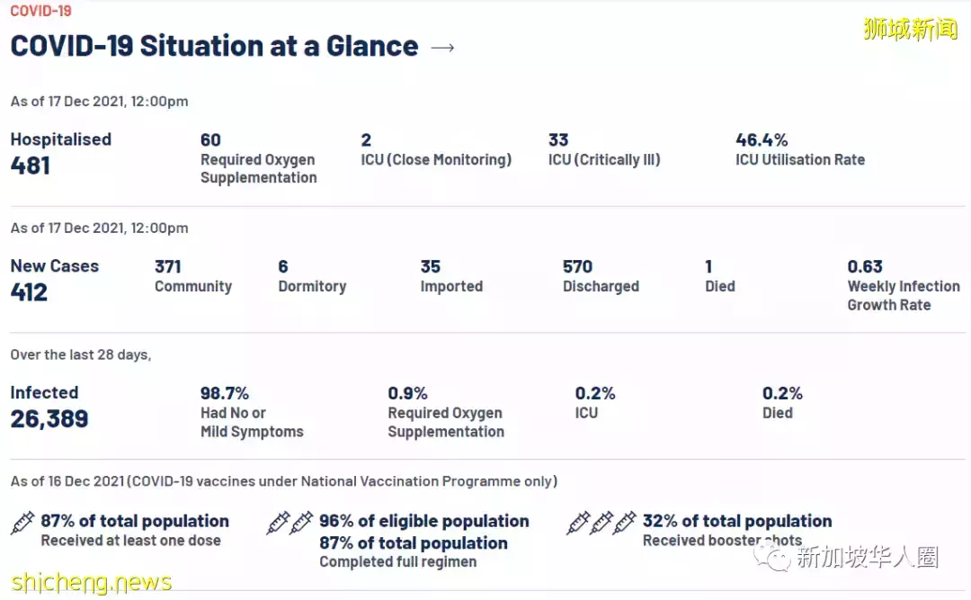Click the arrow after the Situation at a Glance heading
click(442, 48)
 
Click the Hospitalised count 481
click(31, 166)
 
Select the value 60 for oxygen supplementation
click(210, 139)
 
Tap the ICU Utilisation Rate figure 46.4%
click(762, 139)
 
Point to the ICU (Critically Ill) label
click(604, 159)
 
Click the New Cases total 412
click(29, 292)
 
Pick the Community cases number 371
click(168, 266)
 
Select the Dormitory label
click(312, 286)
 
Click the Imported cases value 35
click(431, 266)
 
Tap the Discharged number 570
click(577, 266)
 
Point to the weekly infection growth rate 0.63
click(865, 266)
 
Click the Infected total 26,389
click(49, 419)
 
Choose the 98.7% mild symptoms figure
click(225, 393)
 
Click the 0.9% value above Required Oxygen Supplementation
click(407, 393)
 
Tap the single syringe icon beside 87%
click(22, 523)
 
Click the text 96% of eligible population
click(424, 521)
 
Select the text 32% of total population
click(737, 521)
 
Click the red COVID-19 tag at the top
click(40, 11)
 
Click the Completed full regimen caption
click(398, 561)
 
